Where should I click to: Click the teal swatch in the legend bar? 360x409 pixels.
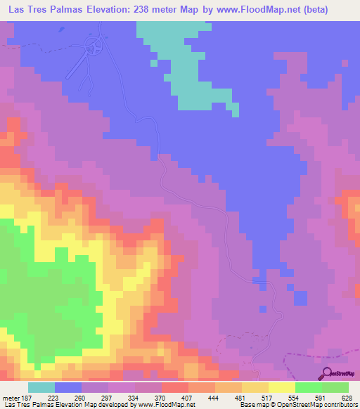(41, 388)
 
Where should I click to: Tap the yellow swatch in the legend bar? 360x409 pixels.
(281, 388)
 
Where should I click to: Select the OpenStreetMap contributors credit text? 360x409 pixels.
(321, 405)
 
